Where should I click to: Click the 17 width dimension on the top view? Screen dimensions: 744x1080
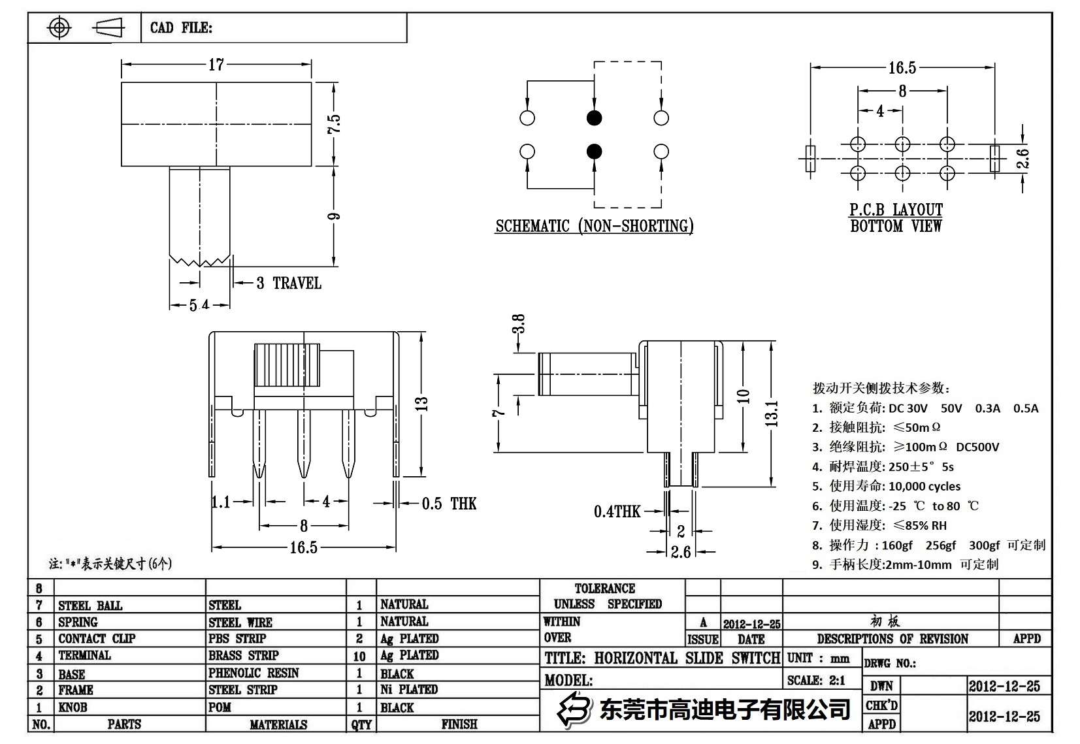click(216, 65)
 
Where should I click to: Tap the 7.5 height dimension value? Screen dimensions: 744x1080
click(334, 123)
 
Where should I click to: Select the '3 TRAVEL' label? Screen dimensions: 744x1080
click(289, 283)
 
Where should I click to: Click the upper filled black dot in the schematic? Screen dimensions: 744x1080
click(594, 118)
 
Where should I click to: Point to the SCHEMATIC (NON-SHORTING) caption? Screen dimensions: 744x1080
click(594, 227)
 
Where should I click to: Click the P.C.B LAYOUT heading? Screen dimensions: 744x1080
click(896, 210)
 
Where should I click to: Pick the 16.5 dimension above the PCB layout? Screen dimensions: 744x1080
click(902, 68)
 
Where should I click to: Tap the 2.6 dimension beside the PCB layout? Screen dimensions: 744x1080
click(1023, 159)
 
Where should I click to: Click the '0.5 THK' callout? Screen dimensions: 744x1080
click(449, 504)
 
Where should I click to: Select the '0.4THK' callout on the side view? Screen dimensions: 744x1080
click(617, 511)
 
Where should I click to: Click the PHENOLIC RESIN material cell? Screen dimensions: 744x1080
click(254, 673)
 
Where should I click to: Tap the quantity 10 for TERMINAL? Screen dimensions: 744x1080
click(359, 656)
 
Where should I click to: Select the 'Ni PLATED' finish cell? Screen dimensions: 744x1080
click(409, 690)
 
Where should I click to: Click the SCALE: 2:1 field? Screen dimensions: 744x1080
click(816, 681)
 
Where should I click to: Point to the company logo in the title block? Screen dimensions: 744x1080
click(574, 709)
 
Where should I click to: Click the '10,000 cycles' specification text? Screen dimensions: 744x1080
click(925, 486)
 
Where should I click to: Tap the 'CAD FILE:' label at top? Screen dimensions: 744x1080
click(181, 27)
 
